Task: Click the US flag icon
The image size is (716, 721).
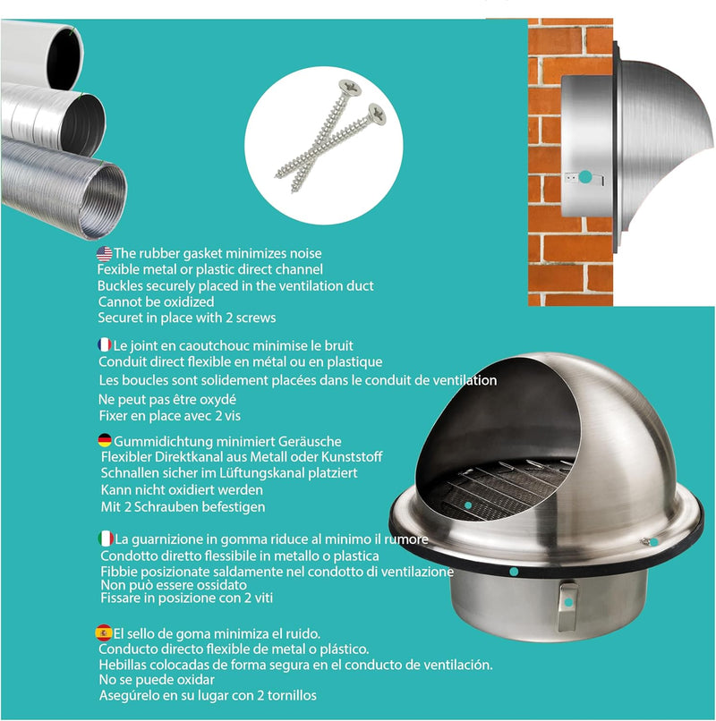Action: (104, 254)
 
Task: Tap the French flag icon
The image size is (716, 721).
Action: (104, 345)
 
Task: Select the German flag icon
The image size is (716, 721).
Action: (104, 440)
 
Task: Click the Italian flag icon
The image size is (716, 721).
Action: (105, 539)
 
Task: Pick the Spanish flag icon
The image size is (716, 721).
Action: (104, 632)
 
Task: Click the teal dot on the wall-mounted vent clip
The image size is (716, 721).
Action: (585, 177)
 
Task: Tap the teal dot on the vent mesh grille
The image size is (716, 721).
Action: (469, 505)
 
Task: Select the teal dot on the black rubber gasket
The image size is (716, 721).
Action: (513, 570)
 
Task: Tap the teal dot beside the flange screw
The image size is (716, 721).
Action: (654, 542)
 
